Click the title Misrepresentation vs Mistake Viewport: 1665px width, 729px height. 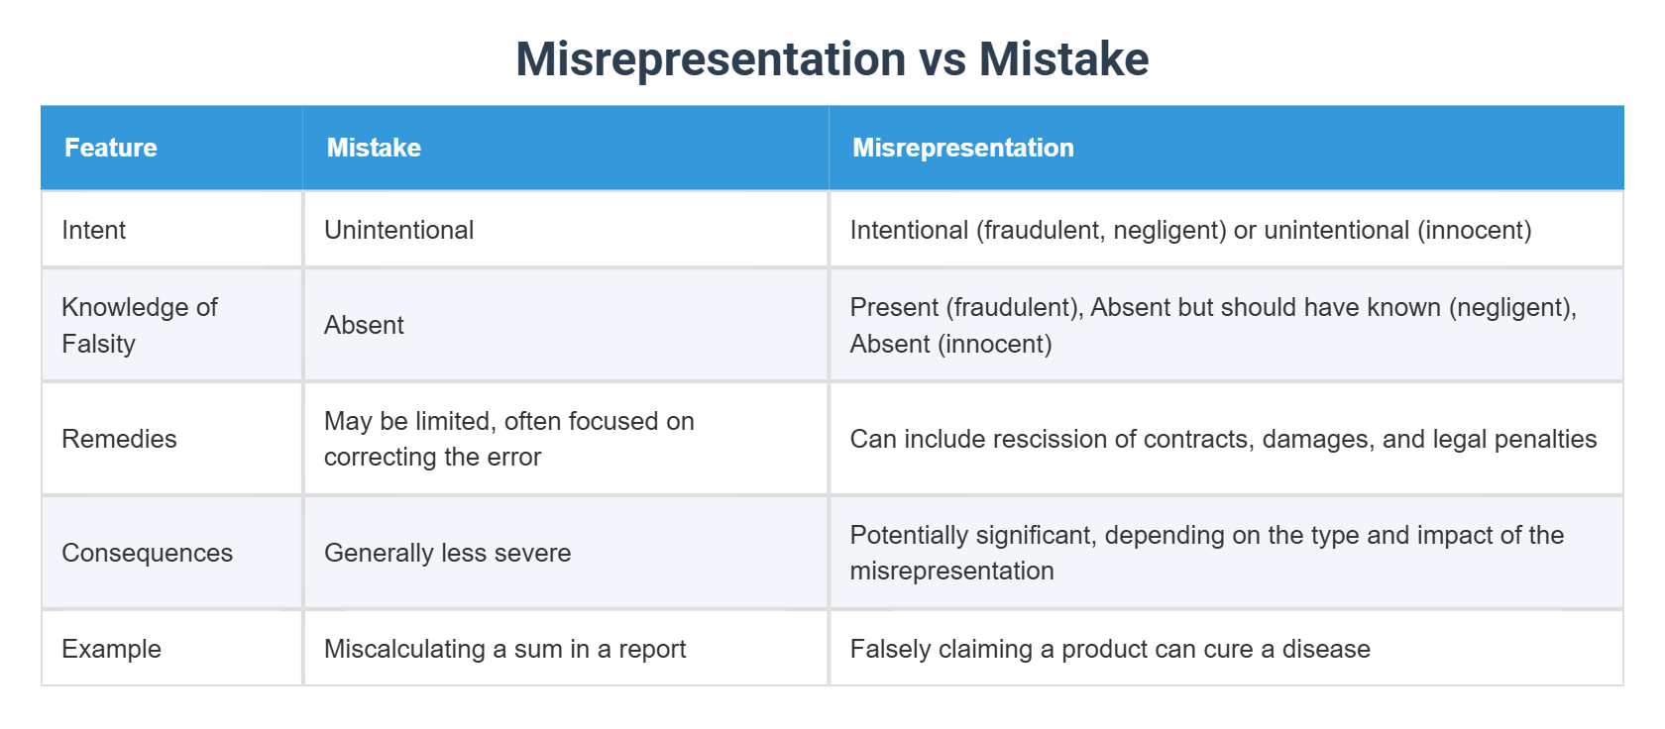point(832,59)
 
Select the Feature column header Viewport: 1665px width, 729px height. point(111,148)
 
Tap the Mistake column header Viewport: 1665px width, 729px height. point(374,148)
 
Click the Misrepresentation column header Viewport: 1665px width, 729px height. point(962,148)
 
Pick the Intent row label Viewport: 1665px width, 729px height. point(93,230)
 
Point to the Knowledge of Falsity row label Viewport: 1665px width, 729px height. point(139,325)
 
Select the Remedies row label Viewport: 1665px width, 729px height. point(119,439)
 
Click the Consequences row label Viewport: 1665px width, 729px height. point(147,553)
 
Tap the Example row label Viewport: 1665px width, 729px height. point(111,649)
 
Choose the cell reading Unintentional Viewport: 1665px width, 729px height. point(398,230)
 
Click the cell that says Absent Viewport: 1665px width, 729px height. point(364,325)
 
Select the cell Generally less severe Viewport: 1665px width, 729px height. point(447,553)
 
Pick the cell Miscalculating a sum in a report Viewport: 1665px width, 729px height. point(504,649)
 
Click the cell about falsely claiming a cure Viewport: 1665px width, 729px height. point(1109,649)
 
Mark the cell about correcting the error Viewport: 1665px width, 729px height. point(508,439)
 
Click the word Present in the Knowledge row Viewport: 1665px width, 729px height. point(894,307)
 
